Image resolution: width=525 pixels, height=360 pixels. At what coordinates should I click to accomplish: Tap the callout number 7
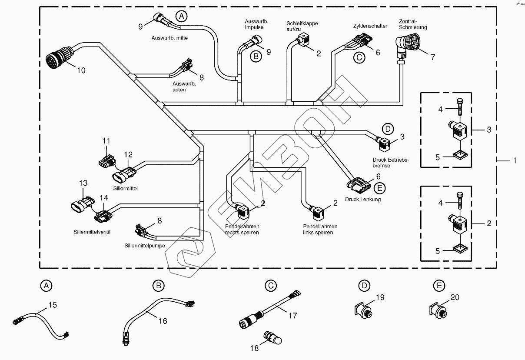tap(432, 57)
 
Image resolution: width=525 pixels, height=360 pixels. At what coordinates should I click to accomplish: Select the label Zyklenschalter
tap(370, 26)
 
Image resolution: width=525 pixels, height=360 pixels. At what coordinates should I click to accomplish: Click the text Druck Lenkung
tap(363, 200)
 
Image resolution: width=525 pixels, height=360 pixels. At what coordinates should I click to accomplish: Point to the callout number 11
tap(106, 141)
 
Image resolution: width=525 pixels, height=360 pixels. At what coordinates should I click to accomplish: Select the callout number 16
tap(163, 321)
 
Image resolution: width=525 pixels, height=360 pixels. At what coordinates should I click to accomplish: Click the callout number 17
tap(293, 316)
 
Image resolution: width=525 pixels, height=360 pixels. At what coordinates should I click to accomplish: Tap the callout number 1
tap(515, 161)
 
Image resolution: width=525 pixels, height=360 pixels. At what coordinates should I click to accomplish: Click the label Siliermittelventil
tap(92, 232)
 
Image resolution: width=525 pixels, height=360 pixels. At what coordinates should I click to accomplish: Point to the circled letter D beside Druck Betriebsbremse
tap(387, 129)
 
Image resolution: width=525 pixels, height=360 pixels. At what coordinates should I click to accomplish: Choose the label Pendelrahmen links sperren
tap(320, 230)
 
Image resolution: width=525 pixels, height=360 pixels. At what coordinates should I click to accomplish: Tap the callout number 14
tap(103, 197)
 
